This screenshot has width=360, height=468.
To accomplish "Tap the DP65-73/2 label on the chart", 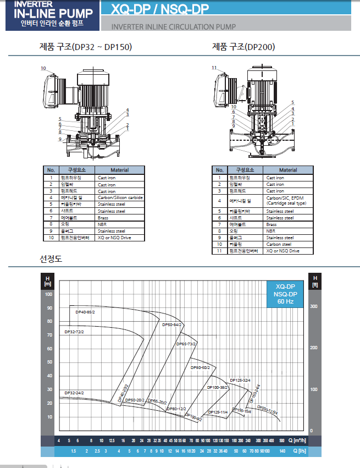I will click(x=186, y=344).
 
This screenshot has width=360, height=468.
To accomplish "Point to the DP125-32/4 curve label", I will click(x=240, y=380).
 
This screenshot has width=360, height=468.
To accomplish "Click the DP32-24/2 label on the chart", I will click(x=74, y=393).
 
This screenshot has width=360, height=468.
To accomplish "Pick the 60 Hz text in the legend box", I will click(x=285, y=301).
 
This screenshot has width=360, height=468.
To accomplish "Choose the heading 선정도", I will click(x=51, y=258).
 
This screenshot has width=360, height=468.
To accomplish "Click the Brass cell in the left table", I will click(x=103, y=218).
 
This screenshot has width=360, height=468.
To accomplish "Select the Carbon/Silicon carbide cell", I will click(x=120, y=197).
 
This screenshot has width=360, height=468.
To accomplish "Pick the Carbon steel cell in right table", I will click(x=279, y=244).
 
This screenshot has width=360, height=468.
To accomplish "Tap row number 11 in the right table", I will click(x=219, y=251).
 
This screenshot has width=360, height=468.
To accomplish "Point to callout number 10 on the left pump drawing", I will click(x=43, y=68).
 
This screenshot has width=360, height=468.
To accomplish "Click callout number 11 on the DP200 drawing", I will click(x=215, y=67).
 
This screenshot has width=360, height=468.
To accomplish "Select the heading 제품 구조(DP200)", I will click(x=243, y=47).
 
